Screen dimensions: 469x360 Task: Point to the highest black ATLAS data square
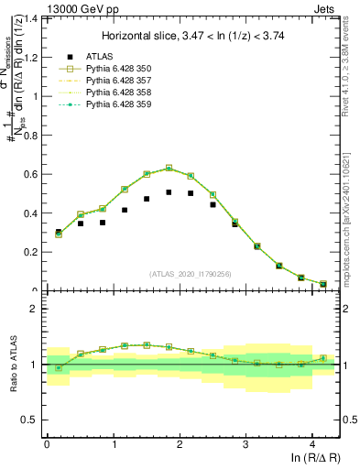tap(169, 192)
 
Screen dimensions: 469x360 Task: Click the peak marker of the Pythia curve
tap(169, 168)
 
